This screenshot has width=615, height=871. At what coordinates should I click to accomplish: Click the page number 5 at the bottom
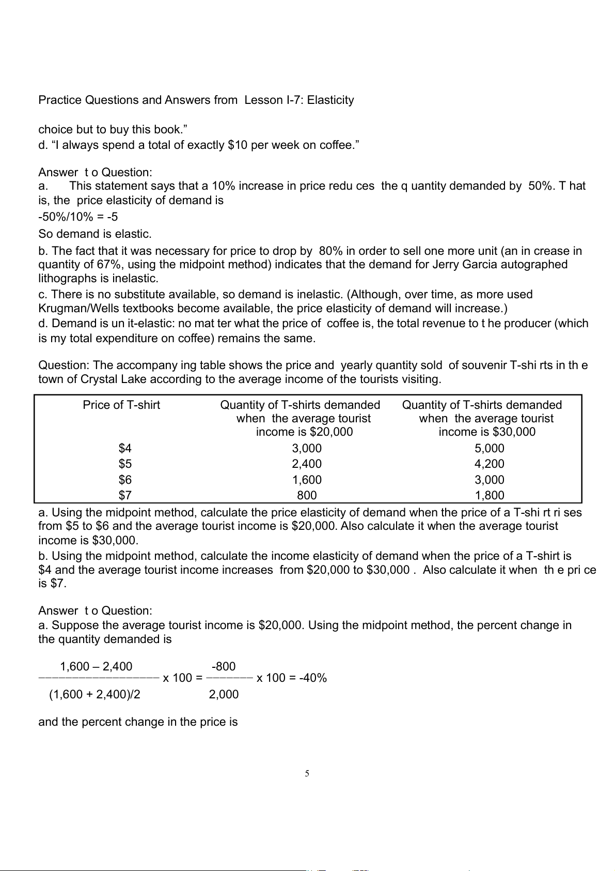307,774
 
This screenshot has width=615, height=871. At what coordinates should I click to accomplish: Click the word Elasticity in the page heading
330,100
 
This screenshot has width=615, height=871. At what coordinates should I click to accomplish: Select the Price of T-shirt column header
121,405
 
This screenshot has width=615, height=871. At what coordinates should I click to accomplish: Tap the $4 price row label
125,449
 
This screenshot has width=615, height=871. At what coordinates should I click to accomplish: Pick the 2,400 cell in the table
307,464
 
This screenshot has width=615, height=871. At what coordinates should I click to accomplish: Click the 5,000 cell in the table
489,449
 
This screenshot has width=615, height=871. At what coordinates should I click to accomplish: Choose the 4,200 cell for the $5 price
489,464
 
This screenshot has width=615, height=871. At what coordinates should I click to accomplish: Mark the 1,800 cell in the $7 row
489,496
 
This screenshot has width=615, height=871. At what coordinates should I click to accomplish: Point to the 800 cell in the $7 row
307,496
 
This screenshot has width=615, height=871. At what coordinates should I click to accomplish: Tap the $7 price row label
125,496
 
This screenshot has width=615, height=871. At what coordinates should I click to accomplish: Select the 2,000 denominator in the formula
224,695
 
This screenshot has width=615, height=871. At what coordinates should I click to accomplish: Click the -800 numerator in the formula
224,667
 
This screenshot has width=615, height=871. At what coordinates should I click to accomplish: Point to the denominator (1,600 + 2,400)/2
94,695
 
